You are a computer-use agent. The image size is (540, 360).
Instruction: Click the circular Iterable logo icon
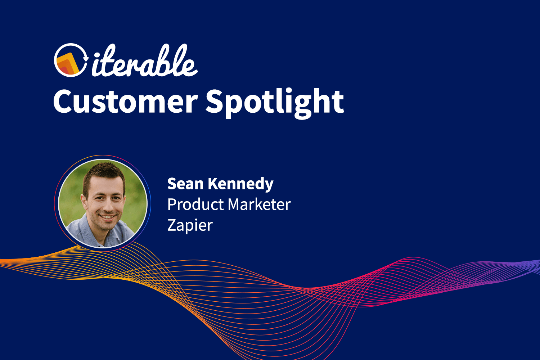(x=71, y=60)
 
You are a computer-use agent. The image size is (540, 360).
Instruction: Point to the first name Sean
(x=185, y=184)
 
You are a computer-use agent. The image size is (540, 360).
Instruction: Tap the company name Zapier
(x=190, y=226)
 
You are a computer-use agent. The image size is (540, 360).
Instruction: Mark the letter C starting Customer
(x=64, y=102)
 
